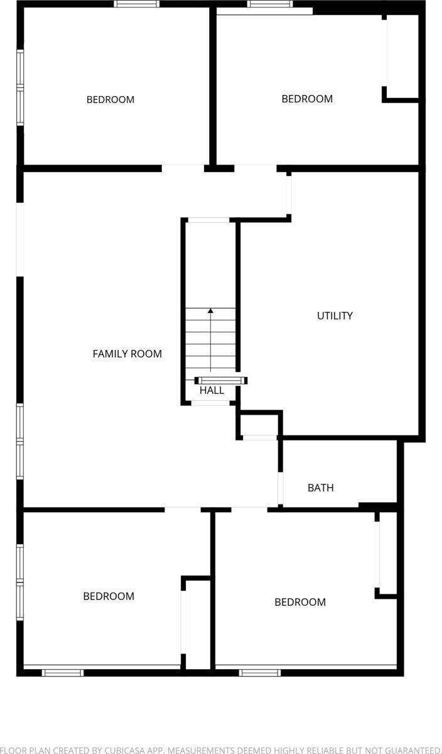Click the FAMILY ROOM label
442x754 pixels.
click(127, 354)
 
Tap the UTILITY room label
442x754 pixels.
click(335, 315)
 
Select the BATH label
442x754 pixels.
click(320, 488)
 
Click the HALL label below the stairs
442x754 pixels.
click(212, 390)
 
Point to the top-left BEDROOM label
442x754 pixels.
click(110, 99)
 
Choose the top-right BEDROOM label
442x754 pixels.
click(306, 99)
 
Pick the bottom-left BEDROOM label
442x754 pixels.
click(109, 596)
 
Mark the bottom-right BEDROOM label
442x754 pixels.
click(299, 602)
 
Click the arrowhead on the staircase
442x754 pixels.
click(210, 310)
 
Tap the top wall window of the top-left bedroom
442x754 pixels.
click(136, 4)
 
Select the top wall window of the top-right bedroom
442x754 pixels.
click(270, 4)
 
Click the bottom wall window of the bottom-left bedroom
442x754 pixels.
click(63, 672)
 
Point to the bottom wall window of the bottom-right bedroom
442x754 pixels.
click(260, 672)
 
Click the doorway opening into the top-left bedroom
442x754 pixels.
click(183, 168)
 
